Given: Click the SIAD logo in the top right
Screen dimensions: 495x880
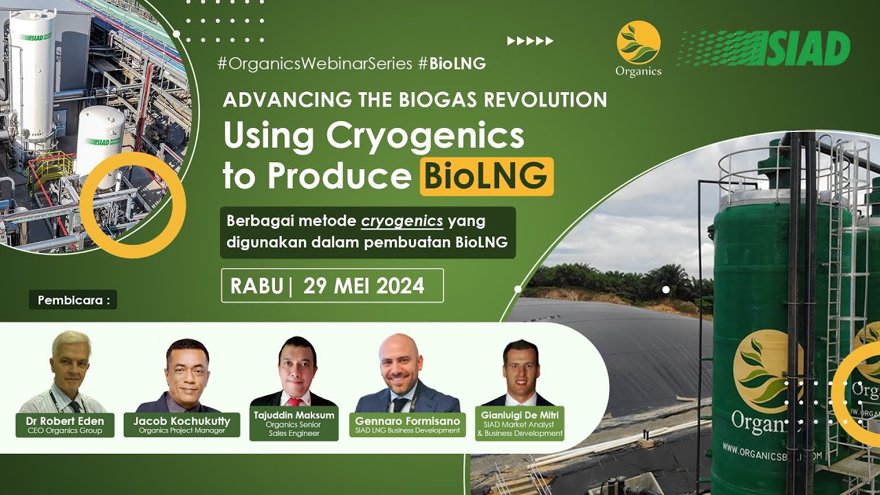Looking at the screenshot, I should point(764,49).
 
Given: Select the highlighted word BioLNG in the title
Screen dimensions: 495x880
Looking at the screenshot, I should point(486,176).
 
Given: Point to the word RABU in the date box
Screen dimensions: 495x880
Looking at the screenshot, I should point(256,286).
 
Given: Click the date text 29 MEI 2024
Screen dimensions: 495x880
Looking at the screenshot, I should point(364,286).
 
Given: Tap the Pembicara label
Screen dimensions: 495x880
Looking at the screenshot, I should point(73,300).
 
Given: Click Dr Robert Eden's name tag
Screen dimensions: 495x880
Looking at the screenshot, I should point(61,425).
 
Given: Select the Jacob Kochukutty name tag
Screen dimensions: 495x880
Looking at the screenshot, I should point(181,425).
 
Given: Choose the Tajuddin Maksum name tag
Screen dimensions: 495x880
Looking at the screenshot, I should point(294,424).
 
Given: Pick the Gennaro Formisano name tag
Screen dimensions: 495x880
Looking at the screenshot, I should point(407,424).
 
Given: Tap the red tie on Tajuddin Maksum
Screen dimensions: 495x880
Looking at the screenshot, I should point(294,401).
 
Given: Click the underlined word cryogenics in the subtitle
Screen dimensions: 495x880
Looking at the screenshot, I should point(402,221).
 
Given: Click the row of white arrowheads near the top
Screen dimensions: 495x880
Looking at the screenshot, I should point(530,41).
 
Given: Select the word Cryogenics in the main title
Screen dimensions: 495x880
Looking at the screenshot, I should point(425,136).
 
